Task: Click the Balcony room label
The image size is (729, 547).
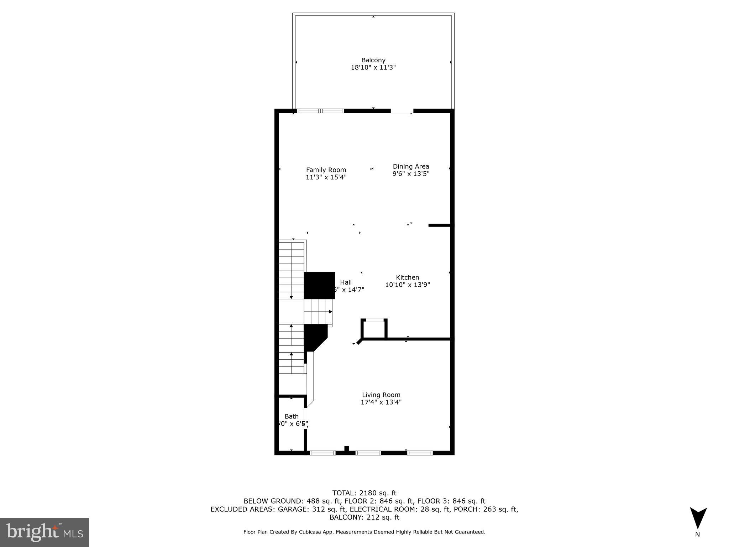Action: [373, 60]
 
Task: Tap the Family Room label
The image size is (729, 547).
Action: [326, 170]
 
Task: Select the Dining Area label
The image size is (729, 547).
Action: [411, 166]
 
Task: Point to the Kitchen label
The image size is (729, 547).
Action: [407, 277]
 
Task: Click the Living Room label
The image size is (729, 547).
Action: [381, 395]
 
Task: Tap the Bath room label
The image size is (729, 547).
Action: [292, 416]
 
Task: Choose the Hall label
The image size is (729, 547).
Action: [346, 282]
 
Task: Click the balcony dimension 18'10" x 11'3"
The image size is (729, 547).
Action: [373, 67]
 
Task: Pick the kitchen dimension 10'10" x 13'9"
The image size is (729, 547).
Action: [407, 285]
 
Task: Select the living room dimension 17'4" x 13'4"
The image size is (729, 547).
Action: [381, 402]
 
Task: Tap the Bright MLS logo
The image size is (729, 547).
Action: [44, 532]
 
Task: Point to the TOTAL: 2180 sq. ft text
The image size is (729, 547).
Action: [364, 493]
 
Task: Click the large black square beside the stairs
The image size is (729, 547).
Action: [320, 285]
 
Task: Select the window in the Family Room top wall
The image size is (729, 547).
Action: [320, 111]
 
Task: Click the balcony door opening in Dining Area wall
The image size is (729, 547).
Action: [402, 111]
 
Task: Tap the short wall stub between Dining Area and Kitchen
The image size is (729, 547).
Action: [440, 225]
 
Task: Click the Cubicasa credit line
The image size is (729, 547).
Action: [364, 532]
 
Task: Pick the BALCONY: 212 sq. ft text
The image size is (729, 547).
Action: [364, 517]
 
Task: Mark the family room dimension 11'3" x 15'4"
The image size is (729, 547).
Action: [326, 177]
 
